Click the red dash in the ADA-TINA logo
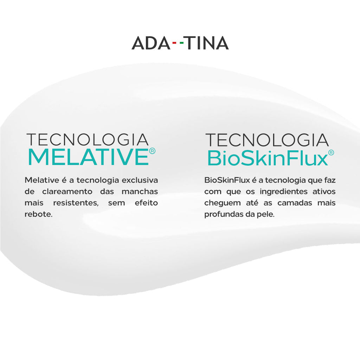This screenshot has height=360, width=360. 174,43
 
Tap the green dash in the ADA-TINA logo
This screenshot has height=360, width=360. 182,43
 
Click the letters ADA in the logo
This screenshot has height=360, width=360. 151,43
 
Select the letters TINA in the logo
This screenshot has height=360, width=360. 207,43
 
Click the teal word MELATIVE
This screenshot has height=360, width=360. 88,157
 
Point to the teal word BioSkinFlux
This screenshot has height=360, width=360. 268,158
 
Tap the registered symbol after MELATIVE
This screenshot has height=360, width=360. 152,151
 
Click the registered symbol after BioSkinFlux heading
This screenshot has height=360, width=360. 331,153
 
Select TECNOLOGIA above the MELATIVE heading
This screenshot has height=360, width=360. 88,140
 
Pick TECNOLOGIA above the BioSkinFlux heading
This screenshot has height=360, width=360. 267,140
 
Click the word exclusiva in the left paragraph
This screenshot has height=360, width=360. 140,180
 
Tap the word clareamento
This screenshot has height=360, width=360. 67,191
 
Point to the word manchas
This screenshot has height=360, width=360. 140,191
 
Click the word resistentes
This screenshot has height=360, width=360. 76,203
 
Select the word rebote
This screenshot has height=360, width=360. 39,214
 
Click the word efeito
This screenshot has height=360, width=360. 147,203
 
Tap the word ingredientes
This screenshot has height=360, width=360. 284,192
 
